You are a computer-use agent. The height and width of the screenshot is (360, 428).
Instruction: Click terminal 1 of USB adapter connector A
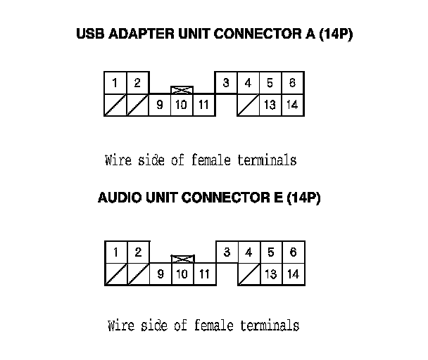point(115,83)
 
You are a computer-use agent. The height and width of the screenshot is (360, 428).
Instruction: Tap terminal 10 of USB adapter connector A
point(182,105)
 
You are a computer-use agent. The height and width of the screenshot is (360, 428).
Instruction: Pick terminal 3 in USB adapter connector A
point(226,83)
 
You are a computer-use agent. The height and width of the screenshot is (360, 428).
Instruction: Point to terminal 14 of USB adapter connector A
point(292,105)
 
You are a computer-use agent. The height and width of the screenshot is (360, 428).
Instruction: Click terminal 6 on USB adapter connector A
point(292,83)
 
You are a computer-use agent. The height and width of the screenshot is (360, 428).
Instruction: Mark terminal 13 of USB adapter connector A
point(270,105)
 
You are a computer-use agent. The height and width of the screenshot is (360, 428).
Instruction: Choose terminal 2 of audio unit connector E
point(138,252)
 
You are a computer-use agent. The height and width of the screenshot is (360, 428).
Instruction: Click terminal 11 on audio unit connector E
point(204,274)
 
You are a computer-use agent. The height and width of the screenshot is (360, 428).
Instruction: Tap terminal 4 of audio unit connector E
point(248,252)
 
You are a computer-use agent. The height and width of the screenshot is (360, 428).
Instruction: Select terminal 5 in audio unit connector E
point(271,252)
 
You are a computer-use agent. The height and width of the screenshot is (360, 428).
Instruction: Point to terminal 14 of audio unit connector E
point(294,274)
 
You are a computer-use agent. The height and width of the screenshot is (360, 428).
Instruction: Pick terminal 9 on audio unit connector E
point(160,274)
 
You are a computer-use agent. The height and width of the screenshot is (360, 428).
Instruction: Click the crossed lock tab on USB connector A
point(182,90)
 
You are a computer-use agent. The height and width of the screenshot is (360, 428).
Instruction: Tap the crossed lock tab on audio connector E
point(182,259)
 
